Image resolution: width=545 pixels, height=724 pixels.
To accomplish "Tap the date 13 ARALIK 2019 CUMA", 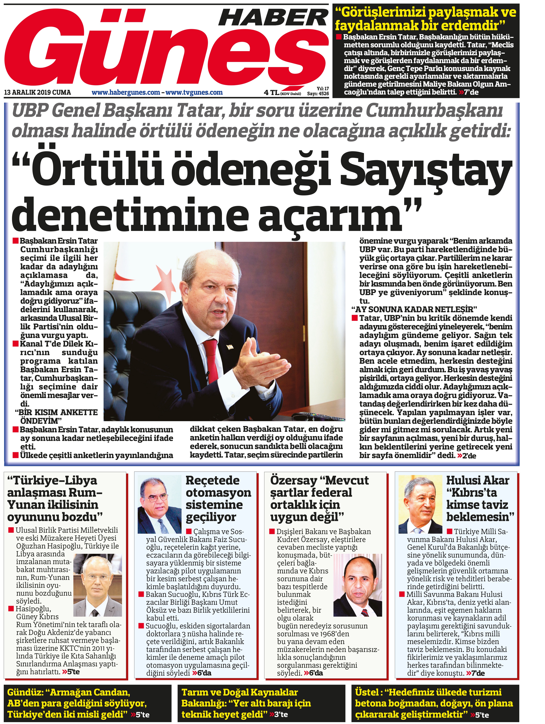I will [37, 93].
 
